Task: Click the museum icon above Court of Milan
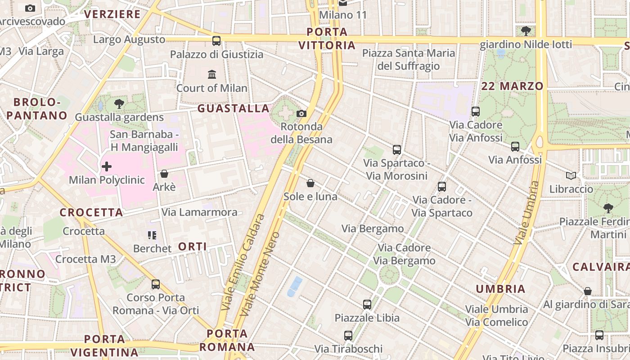(212, 74)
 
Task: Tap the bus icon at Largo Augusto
(216, 41)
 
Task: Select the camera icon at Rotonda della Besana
(301, 113)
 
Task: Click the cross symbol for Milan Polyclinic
(107, 167)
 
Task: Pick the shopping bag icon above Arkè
(164, 174)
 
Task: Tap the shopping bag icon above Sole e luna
(310, 183)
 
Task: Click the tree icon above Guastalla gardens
(119, 104)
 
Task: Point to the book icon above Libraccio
(571, 176)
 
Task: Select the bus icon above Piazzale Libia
(367, 305)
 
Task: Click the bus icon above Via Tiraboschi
(348, 336)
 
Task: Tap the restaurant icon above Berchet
(152, 235)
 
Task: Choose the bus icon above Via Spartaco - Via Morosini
(396, 150)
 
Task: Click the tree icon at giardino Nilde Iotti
(526, 31)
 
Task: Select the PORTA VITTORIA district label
(327, 39)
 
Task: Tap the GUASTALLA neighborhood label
(233, 108)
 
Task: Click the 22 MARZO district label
(513, 86)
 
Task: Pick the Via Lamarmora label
(199, 212)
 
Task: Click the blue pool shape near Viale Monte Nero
(295, 286)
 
